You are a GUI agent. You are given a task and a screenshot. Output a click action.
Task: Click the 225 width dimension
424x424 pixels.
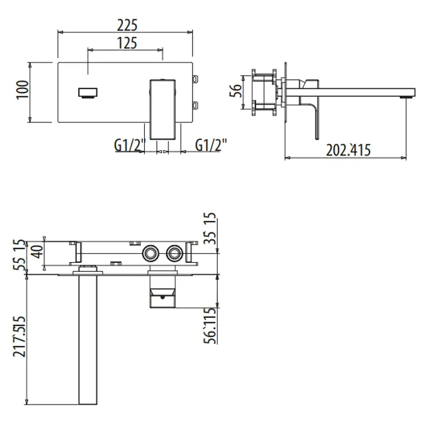tap(127, 25)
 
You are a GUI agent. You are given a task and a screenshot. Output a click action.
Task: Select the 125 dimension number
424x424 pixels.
tap(127, 43)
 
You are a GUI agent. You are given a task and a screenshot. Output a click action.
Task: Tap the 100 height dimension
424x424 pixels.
tap(23, 90)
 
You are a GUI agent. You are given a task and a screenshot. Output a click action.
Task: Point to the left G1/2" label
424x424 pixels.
tap(130, 145)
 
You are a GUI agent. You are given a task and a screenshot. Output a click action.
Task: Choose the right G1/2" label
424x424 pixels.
tap(211, 145)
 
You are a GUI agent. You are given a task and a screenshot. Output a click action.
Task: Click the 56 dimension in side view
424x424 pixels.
tap(236, 91)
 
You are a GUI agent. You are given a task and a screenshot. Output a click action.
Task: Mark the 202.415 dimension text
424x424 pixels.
tap(348, 150)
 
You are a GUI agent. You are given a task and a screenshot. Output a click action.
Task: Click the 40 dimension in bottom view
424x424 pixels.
tap(38, 251)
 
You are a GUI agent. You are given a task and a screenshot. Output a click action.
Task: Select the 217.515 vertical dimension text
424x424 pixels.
tap(19, 336)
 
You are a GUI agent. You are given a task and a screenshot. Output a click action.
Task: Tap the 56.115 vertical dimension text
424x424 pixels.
tap(210, 326)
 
